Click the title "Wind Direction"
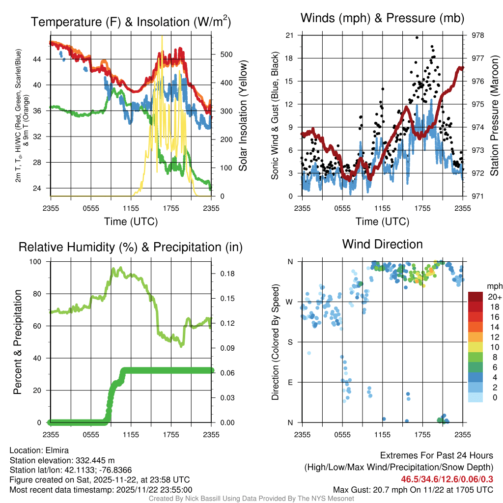[382, 244]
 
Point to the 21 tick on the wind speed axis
[289, 35]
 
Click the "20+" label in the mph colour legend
[493, 297]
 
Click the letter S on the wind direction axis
[291, 342]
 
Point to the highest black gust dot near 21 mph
[417, 37]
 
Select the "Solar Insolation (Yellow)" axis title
[243, 116]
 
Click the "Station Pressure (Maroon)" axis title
[495, 116]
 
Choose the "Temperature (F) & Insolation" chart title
[131, 22]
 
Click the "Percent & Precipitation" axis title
[17, 342]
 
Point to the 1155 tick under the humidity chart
[131, 434]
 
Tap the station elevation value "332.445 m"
[95, 460]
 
